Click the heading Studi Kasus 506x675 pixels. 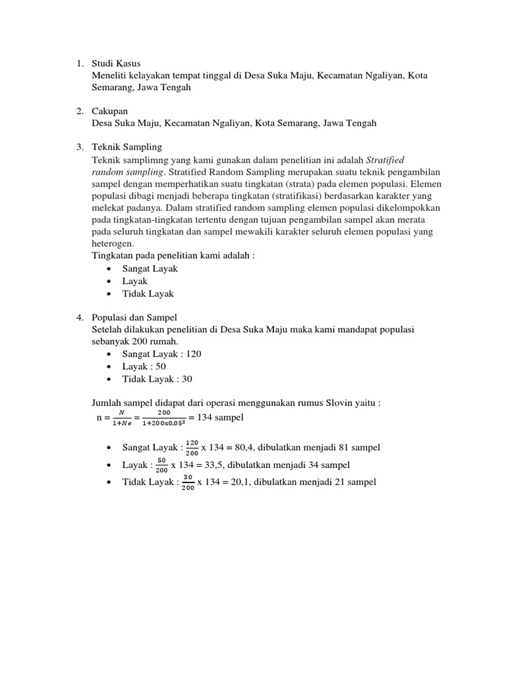tap(116, 63)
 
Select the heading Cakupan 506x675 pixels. tap(110, 111)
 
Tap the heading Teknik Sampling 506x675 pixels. tap(126, 146)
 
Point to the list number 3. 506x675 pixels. tap(78, 146)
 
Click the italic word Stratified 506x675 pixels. tap(385, 159)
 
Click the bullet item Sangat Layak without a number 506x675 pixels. tap(150, 268)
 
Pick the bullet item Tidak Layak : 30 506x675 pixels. tap(157, 379)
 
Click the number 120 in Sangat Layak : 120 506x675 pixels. tap(194, 354)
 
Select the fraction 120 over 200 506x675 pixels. tap(191, 448)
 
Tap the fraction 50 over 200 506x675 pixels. tap(161, 465)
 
